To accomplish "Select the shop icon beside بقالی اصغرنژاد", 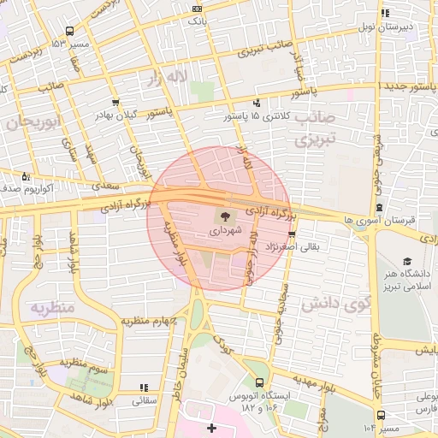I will click(x=293, y=233).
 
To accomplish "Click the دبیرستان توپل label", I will click(x=409, y=27).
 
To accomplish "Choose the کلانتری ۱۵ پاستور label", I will click(x=257, y=115).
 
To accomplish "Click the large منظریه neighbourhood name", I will click(x=53, y=305).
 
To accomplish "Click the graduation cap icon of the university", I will click(x=407, y=261).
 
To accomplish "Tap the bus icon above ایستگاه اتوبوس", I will click(x=259, y=383).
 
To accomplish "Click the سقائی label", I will click(x=143, y=399).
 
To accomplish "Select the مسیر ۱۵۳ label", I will click(x=70, y=43).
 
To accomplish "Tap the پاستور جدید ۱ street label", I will click(x=405, y=87).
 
